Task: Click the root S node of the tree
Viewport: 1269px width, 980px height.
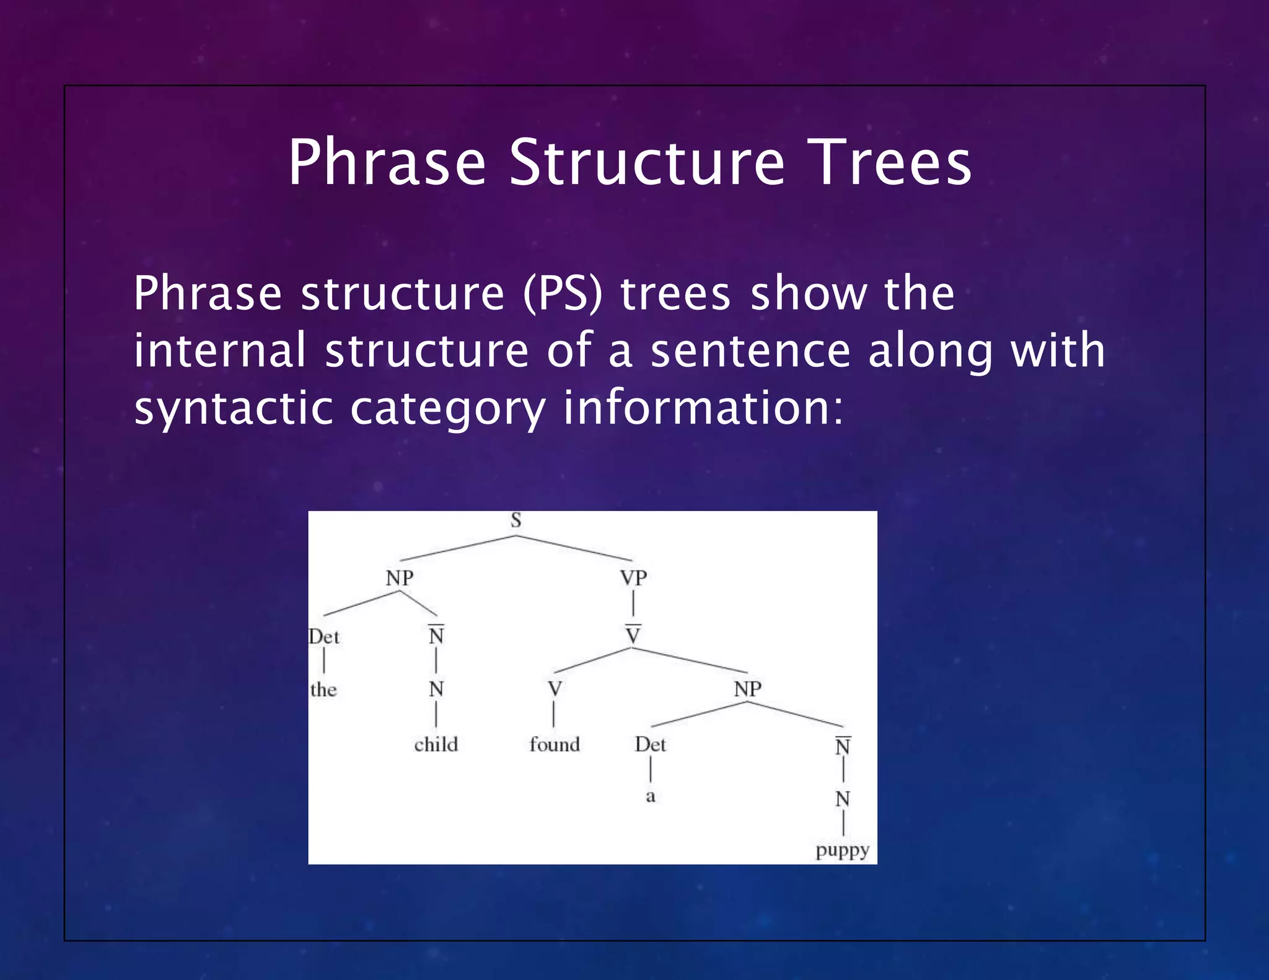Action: [516, 520]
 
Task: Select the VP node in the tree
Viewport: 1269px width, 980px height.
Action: [633, 578]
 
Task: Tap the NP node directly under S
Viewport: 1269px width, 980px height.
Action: [400, 578]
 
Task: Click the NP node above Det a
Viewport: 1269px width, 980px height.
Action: [748, 689]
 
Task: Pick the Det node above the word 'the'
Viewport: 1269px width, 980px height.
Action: [324, 637]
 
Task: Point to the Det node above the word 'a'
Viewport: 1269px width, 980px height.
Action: [650, 745]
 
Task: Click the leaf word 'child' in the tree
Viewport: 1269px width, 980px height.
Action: [436, 745]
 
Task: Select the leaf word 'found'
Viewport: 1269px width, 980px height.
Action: [555, 745]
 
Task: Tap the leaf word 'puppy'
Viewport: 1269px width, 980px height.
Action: [843, 851]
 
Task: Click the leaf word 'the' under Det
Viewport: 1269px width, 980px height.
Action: [323, 689]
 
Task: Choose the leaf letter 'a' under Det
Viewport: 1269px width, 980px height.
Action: [650, 796]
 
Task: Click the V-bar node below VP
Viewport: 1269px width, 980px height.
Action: [633, 635]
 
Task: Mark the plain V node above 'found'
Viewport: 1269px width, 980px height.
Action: [555, 689]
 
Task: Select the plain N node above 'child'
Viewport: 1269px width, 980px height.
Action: [436, 689]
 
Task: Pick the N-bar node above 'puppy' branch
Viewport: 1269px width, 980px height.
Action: [843, 746]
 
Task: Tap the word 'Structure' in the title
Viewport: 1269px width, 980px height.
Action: [647, 162]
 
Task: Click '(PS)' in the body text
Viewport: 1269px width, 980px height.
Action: [563, 293]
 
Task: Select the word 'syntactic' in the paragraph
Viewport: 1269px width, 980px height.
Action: [233, 409]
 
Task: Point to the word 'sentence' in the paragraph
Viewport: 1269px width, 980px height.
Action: [750, 351]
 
